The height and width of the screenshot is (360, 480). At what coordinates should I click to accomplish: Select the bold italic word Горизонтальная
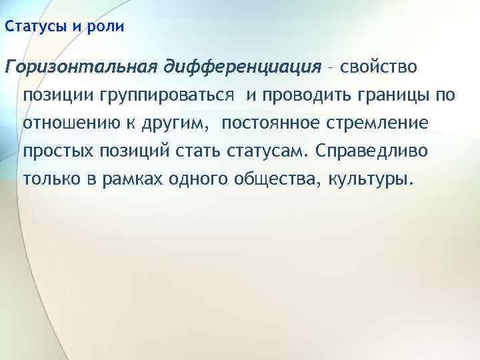79,67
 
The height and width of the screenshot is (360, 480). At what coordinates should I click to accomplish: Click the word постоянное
277,123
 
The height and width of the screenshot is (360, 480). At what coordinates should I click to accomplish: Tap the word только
52,179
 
